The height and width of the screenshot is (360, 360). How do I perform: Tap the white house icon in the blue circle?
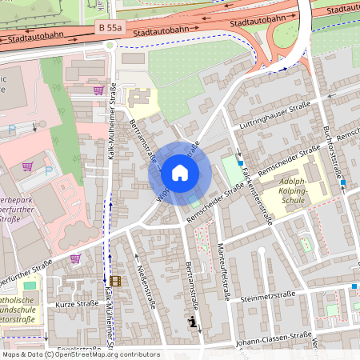[x=180, y=173]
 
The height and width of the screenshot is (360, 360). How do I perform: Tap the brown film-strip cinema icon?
[x=117, y=280]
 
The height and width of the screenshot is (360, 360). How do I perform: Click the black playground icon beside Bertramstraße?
[x=191, y=322]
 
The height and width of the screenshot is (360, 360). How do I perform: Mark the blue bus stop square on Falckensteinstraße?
[x=240, y=163]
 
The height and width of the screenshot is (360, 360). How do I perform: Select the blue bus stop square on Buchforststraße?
[x=342, y=183]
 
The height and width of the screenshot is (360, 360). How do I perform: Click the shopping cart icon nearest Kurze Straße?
[x=75, y=258]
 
